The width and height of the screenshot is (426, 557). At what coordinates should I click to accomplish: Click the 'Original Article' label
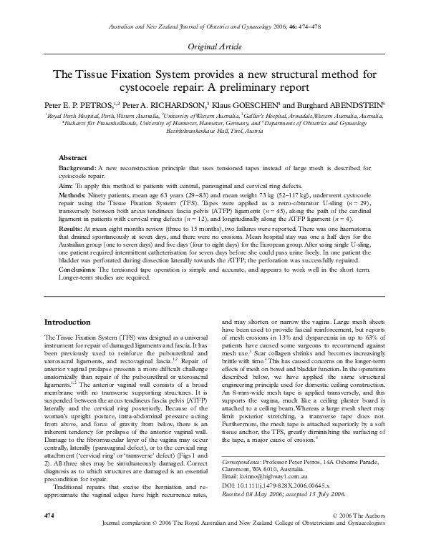coord(213,46)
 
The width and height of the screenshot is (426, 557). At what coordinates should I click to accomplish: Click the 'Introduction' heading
coord(67,322)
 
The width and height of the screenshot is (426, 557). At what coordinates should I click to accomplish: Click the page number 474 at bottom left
coord(49,534)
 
